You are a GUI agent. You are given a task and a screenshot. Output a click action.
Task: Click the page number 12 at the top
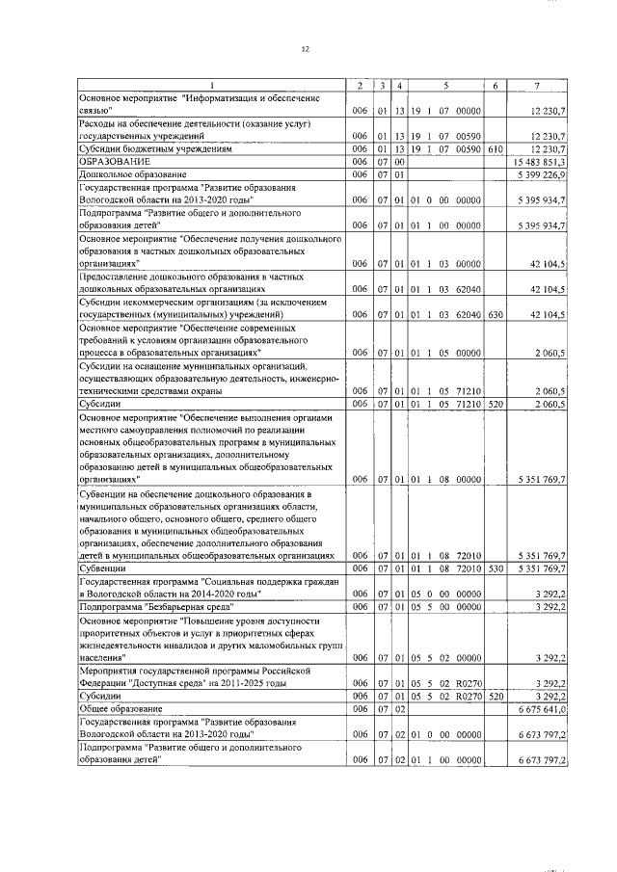tap(307, 48)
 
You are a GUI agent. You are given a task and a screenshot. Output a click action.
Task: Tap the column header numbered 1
tap(212, 87)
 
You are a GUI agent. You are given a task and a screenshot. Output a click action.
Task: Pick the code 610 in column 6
tap(495, 150)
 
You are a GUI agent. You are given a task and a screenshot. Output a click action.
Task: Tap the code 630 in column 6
tap(495, 314)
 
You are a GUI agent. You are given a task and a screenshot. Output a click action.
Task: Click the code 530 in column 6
tap(495, 569)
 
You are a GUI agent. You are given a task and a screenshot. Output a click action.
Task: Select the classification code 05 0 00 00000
tap(446, 595)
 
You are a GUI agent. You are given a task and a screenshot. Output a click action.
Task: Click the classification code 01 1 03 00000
tap(446, 263)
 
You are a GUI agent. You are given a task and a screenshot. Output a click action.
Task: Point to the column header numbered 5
tap(446, 87)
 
